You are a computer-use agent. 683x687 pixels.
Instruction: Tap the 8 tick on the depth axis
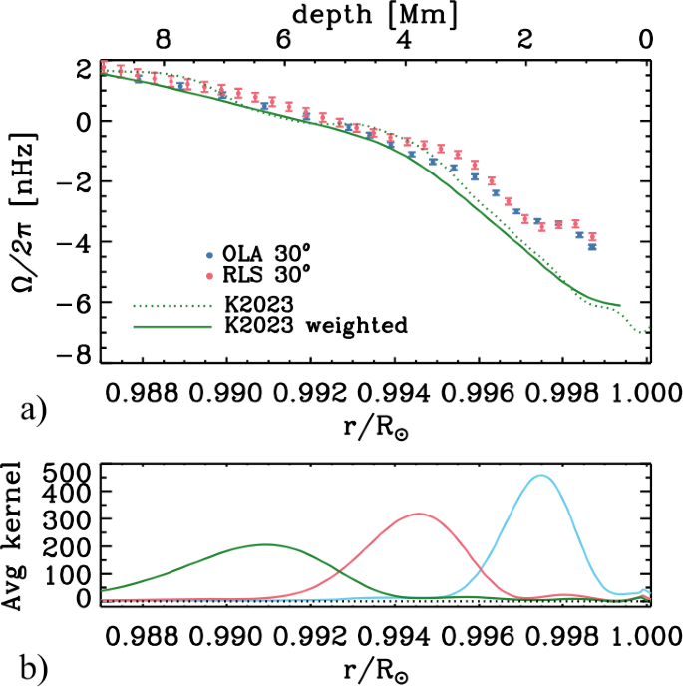click(x=164, y=41)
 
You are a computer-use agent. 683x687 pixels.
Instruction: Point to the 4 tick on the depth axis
click(x=403, y=41)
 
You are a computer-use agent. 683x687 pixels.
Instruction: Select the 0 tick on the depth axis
click(x=646, y=41)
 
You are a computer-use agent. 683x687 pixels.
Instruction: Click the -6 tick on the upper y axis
click(x=80, y=298)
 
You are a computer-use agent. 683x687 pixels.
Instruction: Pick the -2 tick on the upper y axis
click(x=80, y=181)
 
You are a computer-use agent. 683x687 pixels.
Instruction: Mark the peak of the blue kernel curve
click(x=541, y=475)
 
